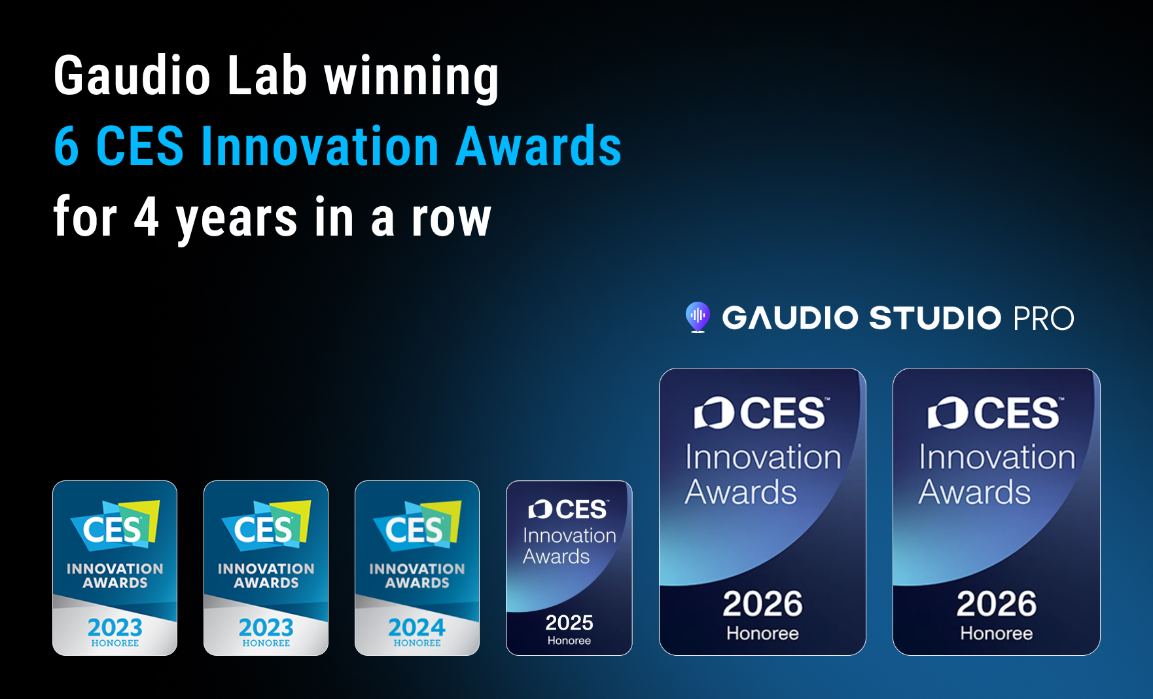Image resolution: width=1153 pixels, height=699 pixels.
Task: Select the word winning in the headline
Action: point(412,78)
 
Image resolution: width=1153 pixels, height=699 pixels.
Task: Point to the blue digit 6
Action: point(67,146)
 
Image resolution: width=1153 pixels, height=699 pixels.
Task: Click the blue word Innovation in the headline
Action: point(320,146)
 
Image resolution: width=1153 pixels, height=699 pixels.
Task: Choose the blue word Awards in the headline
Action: point(538,146)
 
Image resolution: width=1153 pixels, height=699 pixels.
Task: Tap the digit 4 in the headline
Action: point(147,217)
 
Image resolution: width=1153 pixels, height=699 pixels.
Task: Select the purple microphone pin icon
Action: point(698,317)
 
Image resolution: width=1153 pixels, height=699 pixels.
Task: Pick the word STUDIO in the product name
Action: point(935,318)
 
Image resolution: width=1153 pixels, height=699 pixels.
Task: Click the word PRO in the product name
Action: point(1043,319)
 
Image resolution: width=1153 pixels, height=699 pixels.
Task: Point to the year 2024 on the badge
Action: point(417,628)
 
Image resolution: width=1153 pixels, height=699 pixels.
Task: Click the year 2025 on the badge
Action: point(569,622)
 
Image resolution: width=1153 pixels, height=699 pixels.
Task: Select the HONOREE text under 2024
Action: point(417,643)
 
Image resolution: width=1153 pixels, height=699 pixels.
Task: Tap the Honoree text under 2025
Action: point(569,641)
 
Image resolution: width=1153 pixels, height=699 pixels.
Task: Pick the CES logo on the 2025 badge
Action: point(568,509)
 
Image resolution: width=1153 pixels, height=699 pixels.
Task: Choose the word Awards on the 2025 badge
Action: point(556,556)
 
